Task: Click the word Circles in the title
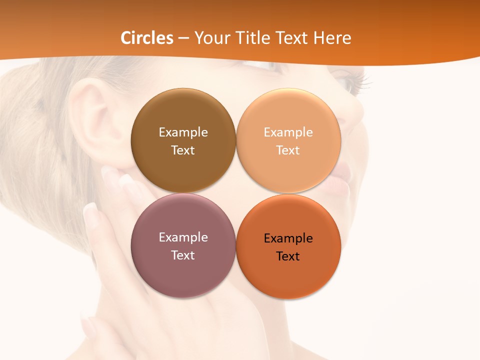click(x=147, y=38)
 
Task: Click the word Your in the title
click(x=211, y=38)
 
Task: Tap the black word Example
click(x=288, y=238)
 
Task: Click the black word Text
click(x=288, y=256)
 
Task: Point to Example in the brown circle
click(x=183, y=132)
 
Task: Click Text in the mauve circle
click(x=183, y=255)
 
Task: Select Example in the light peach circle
click(x=288, y=132)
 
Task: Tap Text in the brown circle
click(x=183, y=150)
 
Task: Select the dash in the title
click(x=183, y=38)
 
